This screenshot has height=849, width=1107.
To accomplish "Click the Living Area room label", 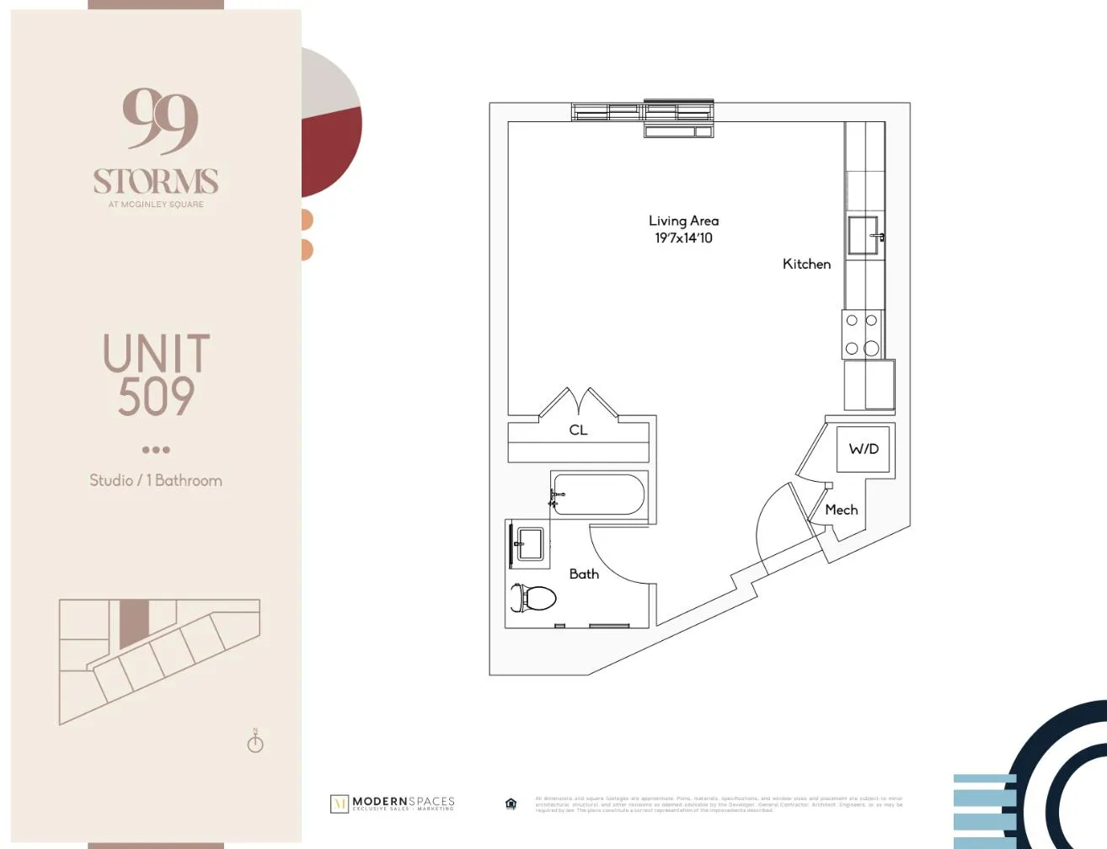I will [683, 221].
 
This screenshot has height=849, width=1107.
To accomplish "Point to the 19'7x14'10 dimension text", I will [683, 238].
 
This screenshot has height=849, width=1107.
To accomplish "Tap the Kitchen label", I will [806, 264].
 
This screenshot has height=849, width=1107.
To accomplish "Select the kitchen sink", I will [864, 235].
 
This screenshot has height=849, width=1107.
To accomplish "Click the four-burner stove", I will [862, 334].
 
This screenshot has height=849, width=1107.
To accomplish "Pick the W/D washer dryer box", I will [864, 449].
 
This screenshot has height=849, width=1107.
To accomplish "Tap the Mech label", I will [841, 510].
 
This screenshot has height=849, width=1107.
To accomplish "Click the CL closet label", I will [578, 430].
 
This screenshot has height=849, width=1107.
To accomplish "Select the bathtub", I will [598, 494].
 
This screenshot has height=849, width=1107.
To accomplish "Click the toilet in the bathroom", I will [534, 598].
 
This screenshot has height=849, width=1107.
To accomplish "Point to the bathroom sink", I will [530, 544].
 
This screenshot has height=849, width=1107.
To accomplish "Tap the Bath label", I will [584, 574].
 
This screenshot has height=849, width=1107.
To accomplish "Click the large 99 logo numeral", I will [159, 120].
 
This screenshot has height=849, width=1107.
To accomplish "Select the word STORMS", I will [156, 181].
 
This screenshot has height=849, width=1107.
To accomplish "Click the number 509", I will [156, 397].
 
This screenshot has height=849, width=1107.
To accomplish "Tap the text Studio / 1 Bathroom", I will [156, 480].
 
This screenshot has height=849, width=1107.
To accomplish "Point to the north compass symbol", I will [255, 742].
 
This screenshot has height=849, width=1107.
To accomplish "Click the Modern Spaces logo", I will [393, 803].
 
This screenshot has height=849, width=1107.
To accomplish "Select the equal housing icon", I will [511, 804].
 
